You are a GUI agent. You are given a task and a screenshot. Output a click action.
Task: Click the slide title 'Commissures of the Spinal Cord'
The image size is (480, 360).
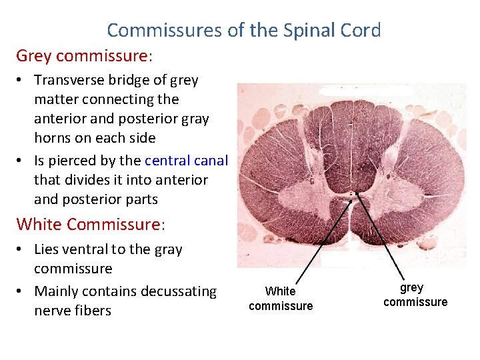pyautogui.click(x=243, y=30)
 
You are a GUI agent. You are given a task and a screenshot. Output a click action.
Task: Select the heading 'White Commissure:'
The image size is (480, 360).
pyautogui.click(x=90, y=224)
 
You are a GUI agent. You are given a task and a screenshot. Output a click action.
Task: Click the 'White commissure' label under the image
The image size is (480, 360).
pyautogui.click(x=280, y=299)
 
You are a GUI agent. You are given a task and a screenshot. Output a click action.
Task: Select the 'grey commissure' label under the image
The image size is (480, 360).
pyautogui.click(x=415, y=295)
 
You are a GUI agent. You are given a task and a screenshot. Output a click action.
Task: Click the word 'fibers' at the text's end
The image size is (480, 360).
pyautogui.click(x=93, y=311)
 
